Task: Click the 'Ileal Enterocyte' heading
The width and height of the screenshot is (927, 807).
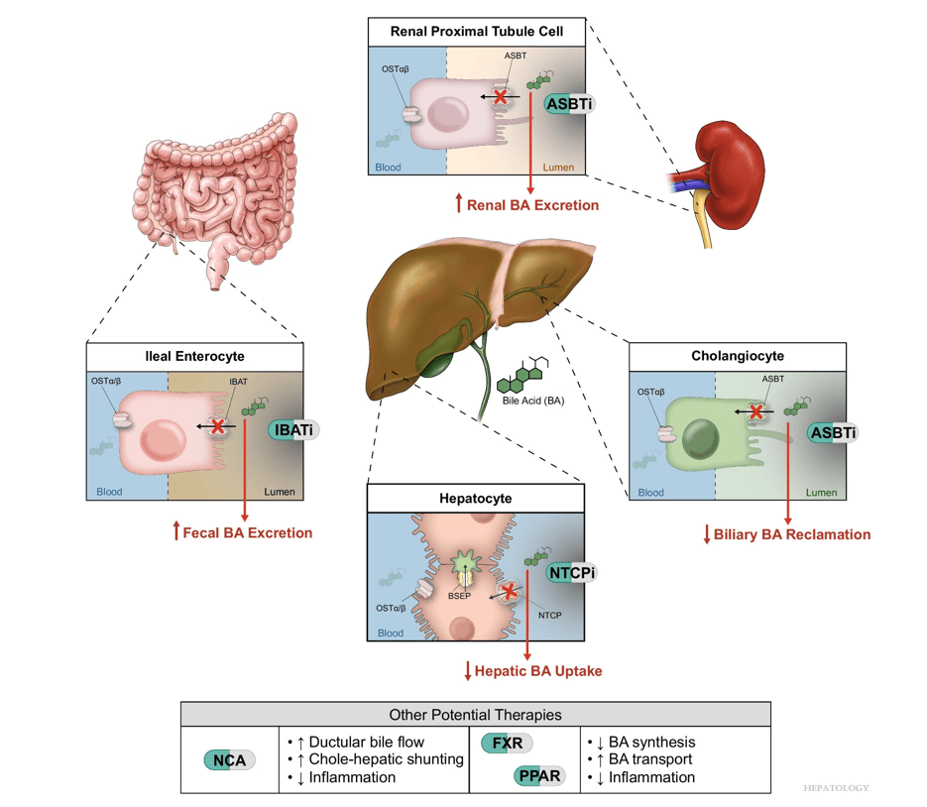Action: point(195,357)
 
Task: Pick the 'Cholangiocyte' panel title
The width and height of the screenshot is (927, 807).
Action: point(738,356)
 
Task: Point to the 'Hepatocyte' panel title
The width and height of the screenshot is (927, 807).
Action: point(476,499)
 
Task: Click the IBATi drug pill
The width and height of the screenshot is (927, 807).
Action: point(294,430)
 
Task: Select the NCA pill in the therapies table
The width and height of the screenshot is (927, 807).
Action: point(230,760)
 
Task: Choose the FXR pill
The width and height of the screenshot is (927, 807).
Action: point(506,743)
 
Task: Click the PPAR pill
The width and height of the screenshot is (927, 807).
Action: point(539,776)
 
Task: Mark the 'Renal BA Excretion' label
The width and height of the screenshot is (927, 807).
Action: point(526,205)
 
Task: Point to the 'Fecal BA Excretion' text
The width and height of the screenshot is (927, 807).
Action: point(243,532)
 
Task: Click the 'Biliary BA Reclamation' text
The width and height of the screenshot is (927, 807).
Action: point(786,534)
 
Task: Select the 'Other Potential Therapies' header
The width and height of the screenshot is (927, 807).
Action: point(475,714)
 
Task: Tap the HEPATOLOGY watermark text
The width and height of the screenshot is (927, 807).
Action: point(835,788)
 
